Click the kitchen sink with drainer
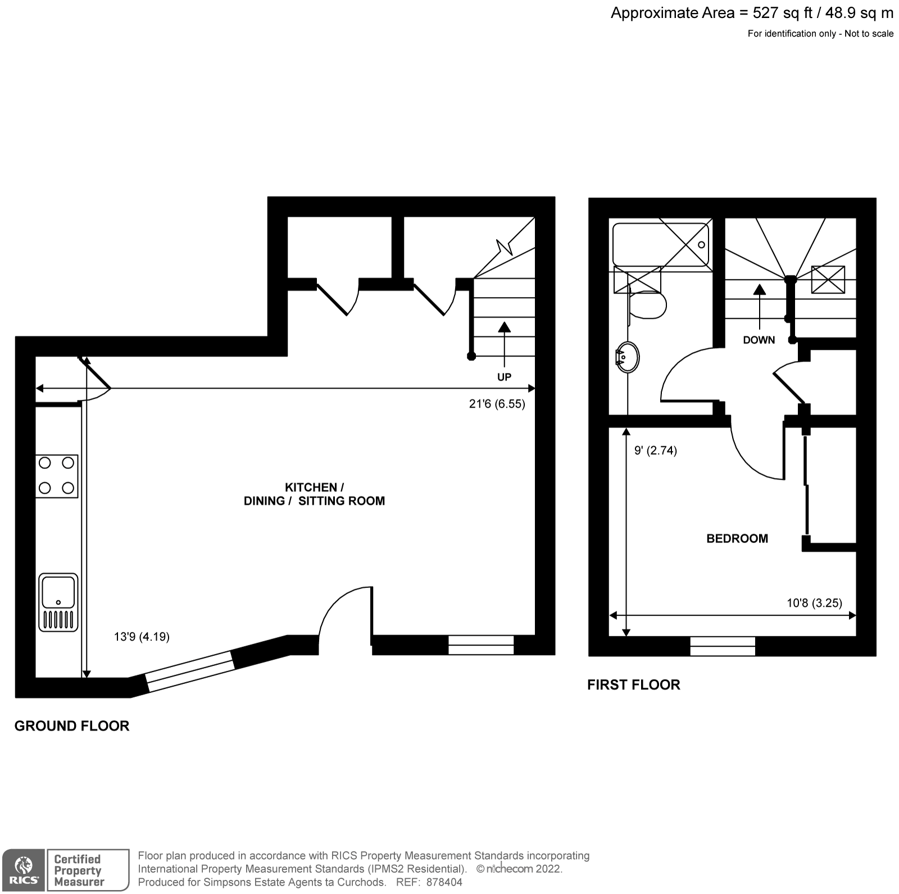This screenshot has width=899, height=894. tap(58, 603)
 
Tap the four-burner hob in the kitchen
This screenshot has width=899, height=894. tap(56, 476)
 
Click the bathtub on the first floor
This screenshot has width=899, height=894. tap(660, 245)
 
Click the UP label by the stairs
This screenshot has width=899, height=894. tap(504, 377)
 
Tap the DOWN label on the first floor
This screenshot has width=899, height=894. tap(759, 340)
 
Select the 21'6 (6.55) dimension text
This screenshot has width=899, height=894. tap(497, 404)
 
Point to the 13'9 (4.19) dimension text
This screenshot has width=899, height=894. tap(142, 636)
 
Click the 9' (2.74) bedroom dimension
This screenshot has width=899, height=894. tap(655, 450)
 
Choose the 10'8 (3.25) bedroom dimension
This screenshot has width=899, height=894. tap(814, 603)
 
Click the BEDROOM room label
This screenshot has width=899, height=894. tap(737, 539)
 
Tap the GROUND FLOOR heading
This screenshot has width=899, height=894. tap(72, 726)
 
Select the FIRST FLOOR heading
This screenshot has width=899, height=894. tap(633, 685)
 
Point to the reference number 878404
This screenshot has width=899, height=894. tap(444, 882)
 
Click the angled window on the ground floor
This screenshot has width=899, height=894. tap(190, 670)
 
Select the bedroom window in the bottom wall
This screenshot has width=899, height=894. tap(722, 646)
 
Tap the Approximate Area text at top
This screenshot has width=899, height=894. tap(751, 13)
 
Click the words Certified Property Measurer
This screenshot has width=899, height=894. tap(78, 870)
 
